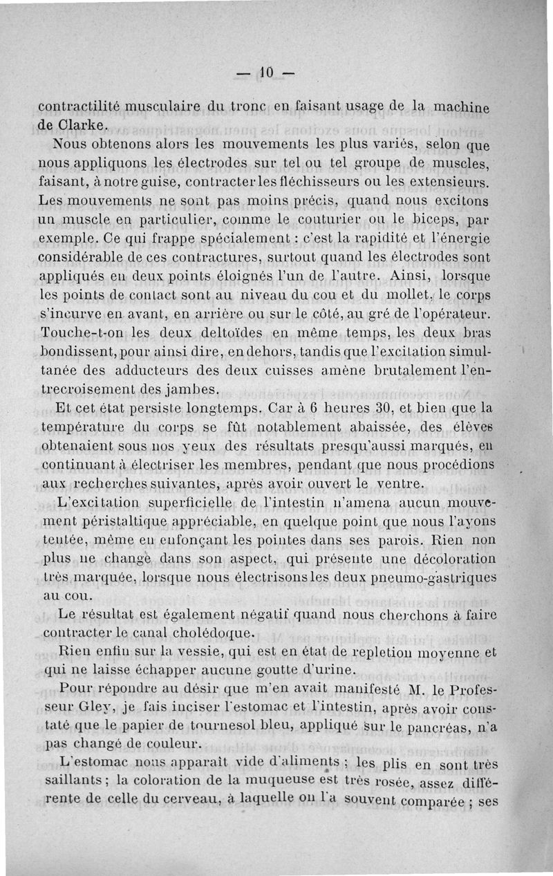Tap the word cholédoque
point(198,632)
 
